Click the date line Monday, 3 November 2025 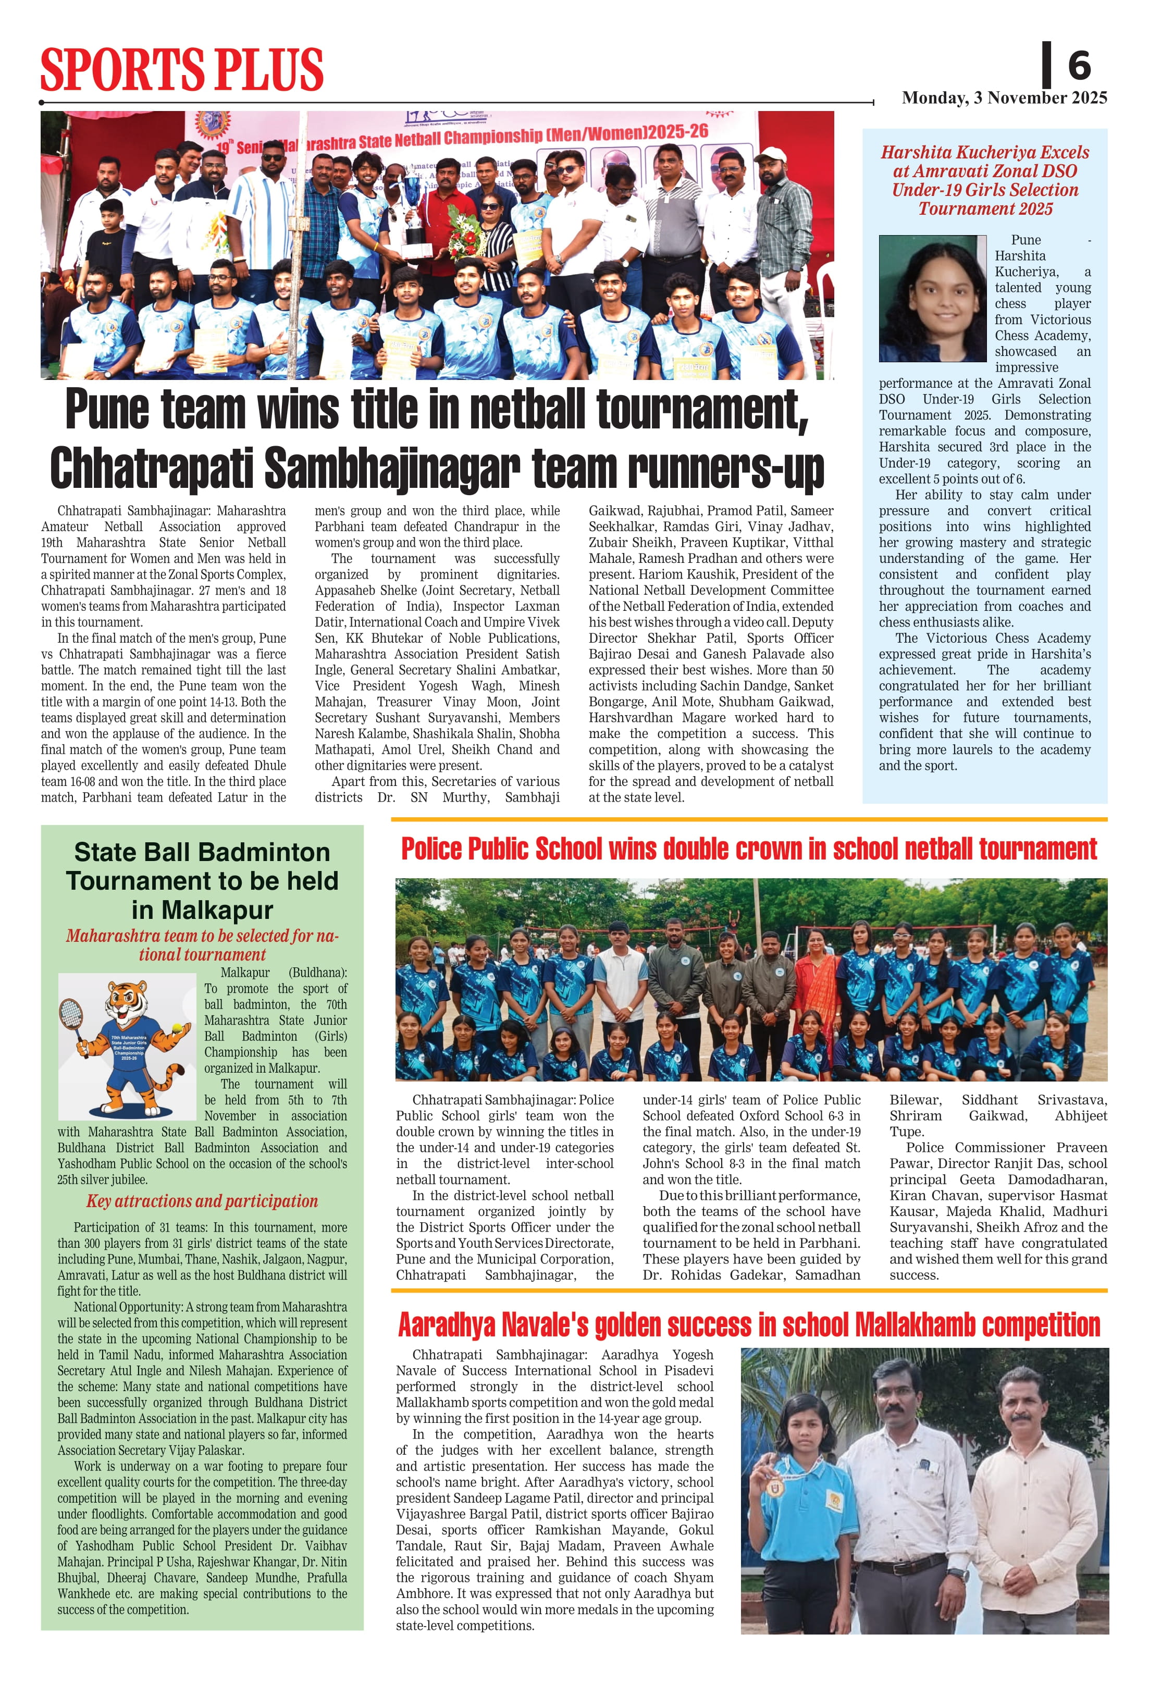point(1004,98)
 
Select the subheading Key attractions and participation point(202,1201)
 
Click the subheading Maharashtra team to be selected point(202,944)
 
